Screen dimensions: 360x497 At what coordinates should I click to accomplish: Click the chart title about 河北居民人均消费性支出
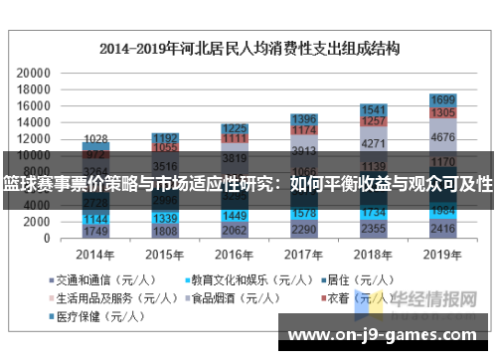(x=248, y=48)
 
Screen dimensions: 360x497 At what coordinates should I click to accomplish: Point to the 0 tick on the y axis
(x=47, y=239)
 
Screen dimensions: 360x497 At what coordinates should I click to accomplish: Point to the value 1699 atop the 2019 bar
(x=443, y=99)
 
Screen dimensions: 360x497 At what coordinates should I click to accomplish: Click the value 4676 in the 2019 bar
(x=443, y=137)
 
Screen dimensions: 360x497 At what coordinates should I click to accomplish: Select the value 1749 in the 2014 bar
(x=95, y=232)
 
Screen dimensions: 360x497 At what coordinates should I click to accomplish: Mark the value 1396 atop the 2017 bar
(x=304, y=118)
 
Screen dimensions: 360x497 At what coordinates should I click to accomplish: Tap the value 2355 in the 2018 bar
(x=374, y=229)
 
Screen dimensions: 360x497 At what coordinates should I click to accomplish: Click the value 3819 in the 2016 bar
(x=235, y=157)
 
